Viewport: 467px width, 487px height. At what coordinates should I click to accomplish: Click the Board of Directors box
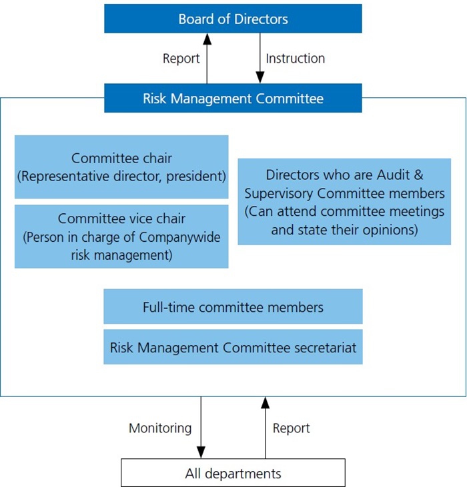[233, 19]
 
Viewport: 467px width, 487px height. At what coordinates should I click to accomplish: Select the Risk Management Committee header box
[233, 98]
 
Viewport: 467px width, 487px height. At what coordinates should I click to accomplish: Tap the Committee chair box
[121, 167]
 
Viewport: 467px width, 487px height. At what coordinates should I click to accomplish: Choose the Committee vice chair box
[121, 237]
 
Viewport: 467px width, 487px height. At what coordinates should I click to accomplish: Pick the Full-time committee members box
[233, 306]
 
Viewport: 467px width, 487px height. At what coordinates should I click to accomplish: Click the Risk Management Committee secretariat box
[233, 347]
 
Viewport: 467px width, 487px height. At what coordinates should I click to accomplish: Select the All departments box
[233, 473]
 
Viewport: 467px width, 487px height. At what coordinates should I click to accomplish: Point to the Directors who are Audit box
[344, 202]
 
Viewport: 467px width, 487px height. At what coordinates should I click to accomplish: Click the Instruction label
[296, 59]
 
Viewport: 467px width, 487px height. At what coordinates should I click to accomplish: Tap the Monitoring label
[160, 428]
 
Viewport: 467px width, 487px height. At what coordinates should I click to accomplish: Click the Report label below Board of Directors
[181, 59]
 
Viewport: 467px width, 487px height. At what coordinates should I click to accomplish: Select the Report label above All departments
[292, 428]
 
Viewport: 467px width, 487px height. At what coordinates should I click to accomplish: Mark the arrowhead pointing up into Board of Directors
[207, 39]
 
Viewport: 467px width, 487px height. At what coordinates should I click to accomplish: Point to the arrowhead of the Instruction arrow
[260, 78]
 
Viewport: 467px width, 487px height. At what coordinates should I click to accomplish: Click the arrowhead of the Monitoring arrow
[201, 452]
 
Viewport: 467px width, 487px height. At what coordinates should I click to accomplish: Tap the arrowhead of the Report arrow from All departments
[266, 402]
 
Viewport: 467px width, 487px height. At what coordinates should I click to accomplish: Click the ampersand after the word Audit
[418, 175]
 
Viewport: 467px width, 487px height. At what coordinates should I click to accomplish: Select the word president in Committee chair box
[196, 177]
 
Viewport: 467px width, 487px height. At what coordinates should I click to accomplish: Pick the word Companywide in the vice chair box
[179, 237]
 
